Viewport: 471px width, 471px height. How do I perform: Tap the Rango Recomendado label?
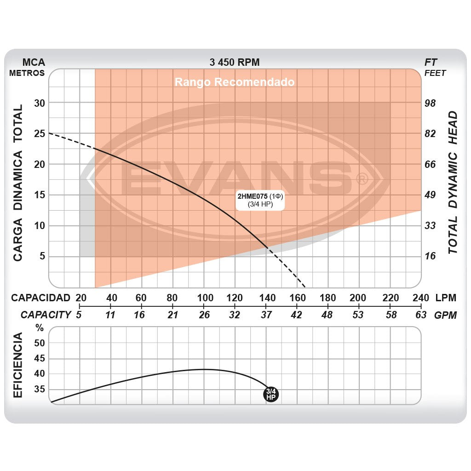[234, 82]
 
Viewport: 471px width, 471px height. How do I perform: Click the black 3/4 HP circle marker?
[271, 394]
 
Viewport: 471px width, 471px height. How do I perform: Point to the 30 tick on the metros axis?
[40, 103]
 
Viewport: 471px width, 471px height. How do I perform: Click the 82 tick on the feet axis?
[430, 133]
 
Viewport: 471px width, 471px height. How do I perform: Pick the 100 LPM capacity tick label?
[204, 298]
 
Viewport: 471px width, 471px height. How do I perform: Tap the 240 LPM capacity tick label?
[421, 298]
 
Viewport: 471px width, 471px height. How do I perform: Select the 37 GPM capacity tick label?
[266, 315]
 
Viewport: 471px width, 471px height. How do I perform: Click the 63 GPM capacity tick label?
[421, 315]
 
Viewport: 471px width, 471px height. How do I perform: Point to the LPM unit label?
[445, 298]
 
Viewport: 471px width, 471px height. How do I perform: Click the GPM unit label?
[445, 315]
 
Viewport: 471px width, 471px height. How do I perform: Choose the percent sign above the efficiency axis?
[40, 328]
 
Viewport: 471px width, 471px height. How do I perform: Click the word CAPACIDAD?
[41, 298]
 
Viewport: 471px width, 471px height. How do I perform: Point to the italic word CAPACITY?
[46, 315]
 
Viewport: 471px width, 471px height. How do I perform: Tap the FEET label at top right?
[435, 73]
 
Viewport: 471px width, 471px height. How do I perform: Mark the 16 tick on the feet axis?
[430, 256]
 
